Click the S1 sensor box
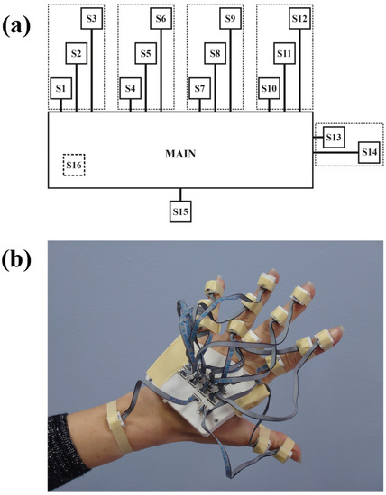60,89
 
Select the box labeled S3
93,18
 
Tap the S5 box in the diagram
146,54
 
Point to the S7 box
199,89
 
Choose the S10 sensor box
269,89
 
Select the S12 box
300,18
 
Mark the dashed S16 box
74,166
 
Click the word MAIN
180,154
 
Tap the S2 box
77,54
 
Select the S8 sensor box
216,54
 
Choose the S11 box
285,54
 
